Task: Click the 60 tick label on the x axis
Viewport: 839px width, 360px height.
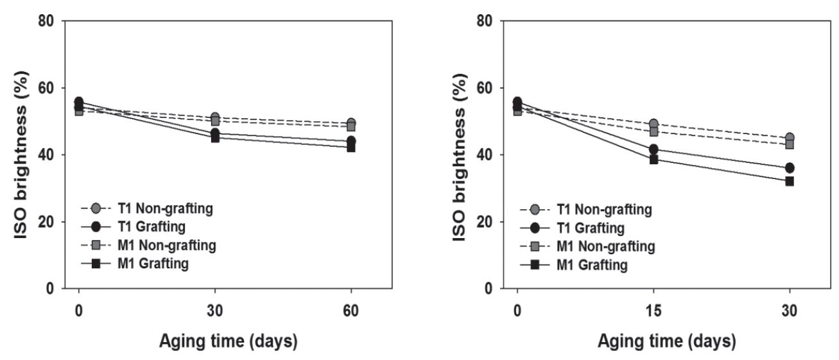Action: click(351, 309)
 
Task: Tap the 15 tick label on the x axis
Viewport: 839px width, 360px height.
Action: click(653, 309)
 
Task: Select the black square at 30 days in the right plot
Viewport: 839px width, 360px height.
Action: click(790, 181)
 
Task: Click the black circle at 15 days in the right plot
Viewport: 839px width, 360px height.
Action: click(653, 150)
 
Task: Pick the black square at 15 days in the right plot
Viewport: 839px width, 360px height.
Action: click(653, 159)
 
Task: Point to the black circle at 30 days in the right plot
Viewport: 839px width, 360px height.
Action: click(790, 168)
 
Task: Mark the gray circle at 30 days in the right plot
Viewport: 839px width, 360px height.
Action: click(790, 138)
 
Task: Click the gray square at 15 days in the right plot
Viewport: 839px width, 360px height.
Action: click(653, 132)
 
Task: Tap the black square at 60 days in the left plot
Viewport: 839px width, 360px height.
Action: click(351, 147)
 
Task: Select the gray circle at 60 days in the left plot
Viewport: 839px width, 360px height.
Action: click(351, 123)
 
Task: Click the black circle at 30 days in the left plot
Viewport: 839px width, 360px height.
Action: click(215, 133)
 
